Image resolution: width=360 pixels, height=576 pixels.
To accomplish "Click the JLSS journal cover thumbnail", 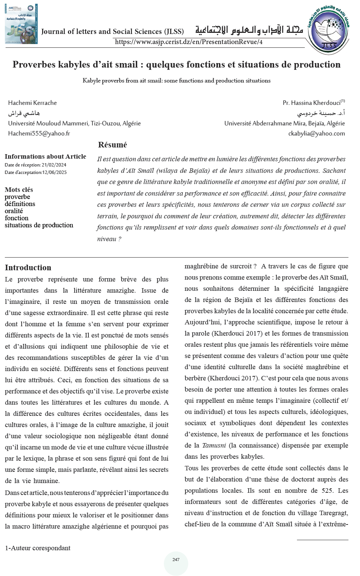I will (21, 24).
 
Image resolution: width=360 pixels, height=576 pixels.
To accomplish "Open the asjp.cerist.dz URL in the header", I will (188, 42).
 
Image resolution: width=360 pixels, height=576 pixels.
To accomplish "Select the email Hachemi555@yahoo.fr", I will (39, 133).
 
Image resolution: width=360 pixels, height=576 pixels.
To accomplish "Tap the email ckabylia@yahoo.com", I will (316, 133).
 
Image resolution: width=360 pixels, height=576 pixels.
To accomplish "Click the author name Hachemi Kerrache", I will (32, 103).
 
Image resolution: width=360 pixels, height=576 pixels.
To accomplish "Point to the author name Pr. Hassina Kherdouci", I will (312, 103).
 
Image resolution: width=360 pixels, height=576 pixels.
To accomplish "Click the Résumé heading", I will (112, 145).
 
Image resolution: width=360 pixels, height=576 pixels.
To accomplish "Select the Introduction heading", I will (28, 268).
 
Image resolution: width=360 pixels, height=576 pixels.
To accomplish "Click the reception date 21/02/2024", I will (54, 165).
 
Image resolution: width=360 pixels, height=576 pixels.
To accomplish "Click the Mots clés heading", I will (19, 190).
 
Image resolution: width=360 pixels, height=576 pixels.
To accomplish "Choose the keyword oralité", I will (14, 211).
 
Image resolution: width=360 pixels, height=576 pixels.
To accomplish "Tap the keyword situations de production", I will (39, 225).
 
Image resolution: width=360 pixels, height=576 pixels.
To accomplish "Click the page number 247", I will (176, 560).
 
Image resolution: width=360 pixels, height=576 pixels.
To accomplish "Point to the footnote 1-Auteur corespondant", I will (38, 548).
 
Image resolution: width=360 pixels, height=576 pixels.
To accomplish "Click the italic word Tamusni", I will (214, 445).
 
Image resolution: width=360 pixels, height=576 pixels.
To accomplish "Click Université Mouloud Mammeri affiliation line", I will (74, 123).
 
